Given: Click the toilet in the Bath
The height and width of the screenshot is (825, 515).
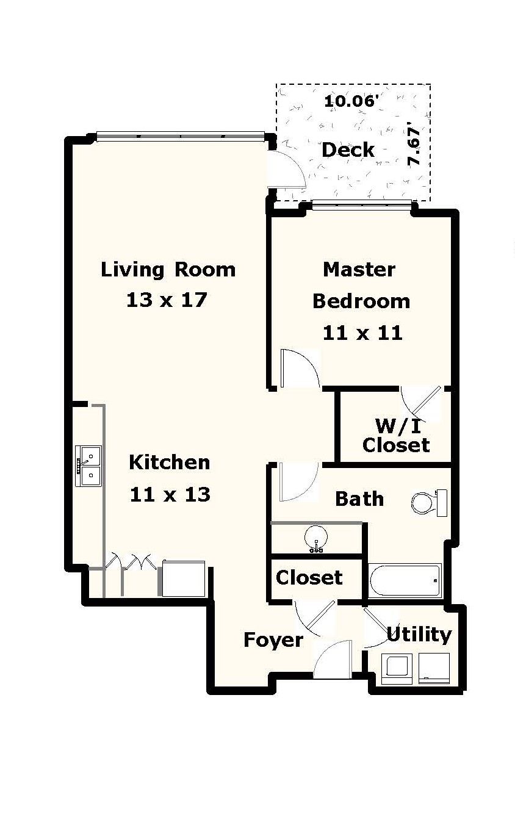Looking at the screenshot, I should click(x=428, y=502).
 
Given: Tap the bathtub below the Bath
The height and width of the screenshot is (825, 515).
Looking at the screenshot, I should click(x=405, y=580).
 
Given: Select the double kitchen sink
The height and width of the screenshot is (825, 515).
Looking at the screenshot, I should click(x=88, y=466).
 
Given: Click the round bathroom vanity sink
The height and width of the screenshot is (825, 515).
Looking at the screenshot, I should click(x=316, y=538).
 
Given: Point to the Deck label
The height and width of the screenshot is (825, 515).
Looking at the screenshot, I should click(x=348, y=150).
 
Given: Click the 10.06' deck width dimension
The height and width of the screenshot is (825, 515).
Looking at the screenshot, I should click(x=348, y=101).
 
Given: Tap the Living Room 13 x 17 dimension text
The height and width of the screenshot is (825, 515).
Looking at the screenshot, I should click(x=168, y=300).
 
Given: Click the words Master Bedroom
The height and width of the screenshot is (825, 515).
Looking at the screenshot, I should click(x=361, y=285).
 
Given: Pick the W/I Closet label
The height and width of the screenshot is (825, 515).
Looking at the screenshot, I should click(x=396, y=435).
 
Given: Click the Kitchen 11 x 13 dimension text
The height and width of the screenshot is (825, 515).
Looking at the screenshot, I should click(x=170, y=494).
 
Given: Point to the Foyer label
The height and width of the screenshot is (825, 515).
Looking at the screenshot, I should click(x=273, y=639).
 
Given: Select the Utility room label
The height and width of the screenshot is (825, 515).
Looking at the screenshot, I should click(x=419, y=635).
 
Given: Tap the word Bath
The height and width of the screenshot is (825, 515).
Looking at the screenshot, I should click(x=359, y=499).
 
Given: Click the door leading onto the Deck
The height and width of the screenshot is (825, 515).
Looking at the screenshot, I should click(x=287, y=170).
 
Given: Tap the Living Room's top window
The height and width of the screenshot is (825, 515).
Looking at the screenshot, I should click(x=180, y=135).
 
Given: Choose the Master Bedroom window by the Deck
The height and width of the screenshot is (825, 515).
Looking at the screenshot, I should click(x=361, y=204).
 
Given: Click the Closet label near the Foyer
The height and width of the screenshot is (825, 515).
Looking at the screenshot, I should click(x=309, y=577).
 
